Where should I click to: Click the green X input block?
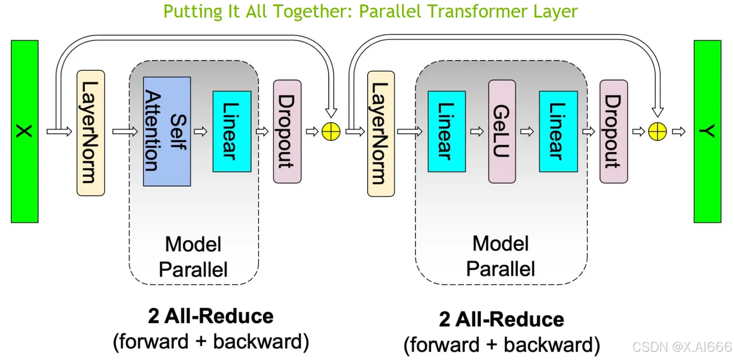24,131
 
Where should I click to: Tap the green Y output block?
707,131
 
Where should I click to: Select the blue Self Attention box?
167,131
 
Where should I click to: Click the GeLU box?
502,131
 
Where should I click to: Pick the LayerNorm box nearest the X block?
90,133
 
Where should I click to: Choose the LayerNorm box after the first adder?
381,133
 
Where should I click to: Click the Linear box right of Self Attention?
232,131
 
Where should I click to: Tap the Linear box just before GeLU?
446,131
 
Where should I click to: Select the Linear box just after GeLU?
558,131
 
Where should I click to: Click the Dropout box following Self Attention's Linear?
287,131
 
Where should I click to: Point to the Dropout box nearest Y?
614,131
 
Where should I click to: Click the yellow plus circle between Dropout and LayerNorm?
331,132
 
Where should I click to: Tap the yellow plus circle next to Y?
657,132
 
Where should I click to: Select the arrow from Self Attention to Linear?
201,132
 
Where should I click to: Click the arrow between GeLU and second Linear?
527,132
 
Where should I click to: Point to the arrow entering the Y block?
679,132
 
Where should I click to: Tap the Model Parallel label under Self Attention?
193,257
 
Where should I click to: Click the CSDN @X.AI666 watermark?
682,347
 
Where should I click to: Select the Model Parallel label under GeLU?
501,256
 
